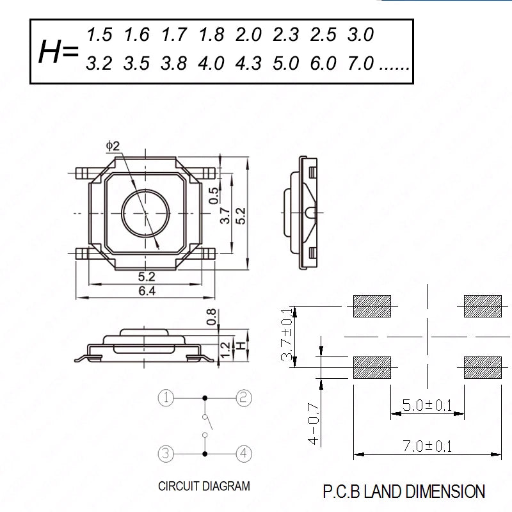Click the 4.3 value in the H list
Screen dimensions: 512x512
(x=248, y=63)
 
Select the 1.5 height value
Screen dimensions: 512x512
(x=99, y=35)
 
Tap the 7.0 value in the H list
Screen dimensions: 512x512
(x=360, y=63)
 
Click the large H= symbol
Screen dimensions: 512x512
(x=59, y=52)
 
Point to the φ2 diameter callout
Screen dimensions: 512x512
(x=113, y=146)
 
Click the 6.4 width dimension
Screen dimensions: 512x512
(x=147, y=291)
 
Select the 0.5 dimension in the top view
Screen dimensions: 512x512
(x=214, y=196)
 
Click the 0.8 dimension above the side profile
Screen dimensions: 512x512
(x=211, y=317)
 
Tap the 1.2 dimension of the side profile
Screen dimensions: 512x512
(x=225, y=349)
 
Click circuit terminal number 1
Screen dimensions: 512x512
(x=166, y=398)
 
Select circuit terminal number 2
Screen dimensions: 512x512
(x=244, y=398)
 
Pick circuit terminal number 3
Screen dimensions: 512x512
(x=166, y=454)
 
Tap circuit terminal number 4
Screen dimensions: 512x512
(x=244, y=454)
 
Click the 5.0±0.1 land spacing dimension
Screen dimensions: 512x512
(x=427, y=405)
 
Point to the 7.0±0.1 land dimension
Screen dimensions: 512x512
(x=427, y=446)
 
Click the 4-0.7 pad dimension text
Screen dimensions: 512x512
(x=314, y=424)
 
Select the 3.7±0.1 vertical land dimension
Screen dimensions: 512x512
(x=286, y=334)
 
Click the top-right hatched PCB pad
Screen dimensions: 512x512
(x=483, y=307)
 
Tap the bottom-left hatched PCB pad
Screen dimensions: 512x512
(x=372, y=367)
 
